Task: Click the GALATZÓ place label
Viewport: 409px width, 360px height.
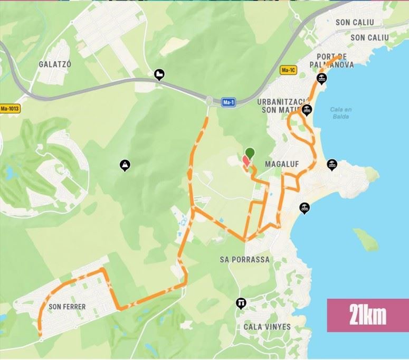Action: coord(55,64)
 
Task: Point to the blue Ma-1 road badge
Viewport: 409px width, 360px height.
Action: coord(229,102)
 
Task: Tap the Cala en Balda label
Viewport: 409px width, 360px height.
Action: coord(340,113)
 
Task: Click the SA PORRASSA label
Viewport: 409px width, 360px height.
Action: coord(244,260)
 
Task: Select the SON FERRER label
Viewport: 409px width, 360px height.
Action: coord(67,306)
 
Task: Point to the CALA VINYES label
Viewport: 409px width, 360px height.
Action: coord(267,327)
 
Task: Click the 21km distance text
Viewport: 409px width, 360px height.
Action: coord(367,315)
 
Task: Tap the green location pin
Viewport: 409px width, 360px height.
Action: coord(250,153)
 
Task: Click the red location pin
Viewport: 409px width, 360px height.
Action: coord(245,161)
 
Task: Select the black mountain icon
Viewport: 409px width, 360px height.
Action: coord(125,165)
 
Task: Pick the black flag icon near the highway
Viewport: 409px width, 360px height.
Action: coord(159,74)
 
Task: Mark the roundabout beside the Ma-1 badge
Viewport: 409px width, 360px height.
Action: coord(210,100)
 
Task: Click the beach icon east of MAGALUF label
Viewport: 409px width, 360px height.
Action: coord(332,164)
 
